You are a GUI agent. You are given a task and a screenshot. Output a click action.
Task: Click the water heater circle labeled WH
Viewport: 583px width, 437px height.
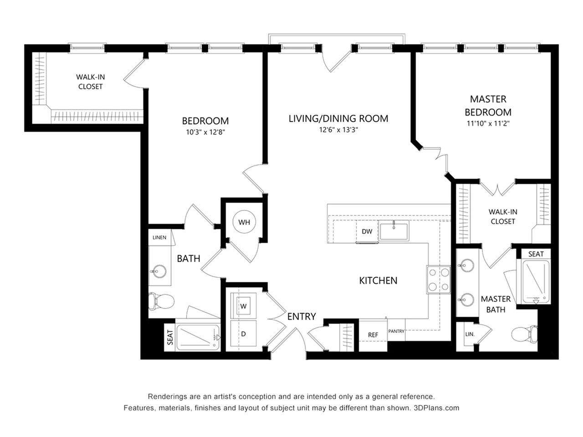pyautogui.click(x=244, y=223)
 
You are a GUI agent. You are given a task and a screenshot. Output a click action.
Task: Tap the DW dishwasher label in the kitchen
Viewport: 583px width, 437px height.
pyautogui.click(x=367, y=231)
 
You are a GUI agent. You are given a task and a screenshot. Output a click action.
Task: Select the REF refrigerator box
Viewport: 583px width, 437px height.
pyautogui.click(x=373, y=335)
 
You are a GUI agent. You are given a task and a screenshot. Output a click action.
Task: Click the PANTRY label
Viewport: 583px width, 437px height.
pyautogui.click(x=396, y=331)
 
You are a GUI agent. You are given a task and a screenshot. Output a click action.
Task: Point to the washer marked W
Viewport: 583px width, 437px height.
pyautogui.click(x=243, y=306)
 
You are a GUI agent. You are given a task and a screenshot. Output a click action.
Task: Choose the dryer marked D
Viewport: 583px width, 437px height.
pyautogui.click(x=243, y=334)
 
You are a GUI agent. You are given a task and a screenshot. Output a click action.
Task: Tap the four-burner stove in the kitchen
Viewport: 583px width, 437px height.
pyautogui.click(x=439, y=279)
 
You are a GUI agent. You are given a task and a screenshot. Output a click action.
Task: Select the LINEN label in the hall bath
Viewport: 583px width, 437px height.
pyautogui.click(x=159, y=238)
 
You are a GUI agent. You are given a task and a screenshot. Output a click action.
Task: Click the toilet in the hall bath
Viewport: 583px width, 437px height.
pyautogui.click(x=162, y=301)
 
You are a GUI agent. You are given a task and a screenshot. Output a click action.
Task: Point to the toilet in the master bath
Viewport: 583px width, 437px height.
pyautogui.click(x=524, y=335)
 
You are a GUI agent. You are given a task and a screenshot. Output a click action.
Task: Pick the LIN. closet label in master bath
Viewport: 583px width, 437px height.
pyautogui.click(x=470, y=334)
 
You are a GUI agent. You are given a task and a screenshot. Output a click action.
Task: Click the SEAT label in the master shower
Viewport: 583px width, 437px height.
pyautogui.click(x=536, y=254)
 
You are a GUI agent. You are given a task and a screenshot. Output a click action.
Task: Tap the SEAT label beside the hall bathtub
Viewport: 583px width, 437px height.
pyautogui.click(x=170, y=337)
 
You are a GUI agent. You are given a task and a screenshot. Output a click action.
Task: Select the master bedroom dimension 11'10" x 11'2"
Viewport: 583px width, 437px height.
pyautogui.click(x=488, y=123)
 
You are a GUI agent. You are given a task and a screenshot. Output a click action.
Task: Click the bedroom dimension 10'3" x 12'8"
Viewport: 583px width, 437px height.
pyautogui.click(x=205, y=132)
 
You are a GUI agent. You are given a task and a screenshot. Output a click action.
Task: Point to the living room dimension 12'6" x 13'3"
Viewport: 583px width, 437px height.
pyautogui.click(x=338, y=130)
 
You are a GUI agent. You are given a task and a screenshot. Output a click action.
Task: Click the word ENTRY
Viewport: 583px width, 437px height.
pyautogui.click(x=302, y=316)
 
